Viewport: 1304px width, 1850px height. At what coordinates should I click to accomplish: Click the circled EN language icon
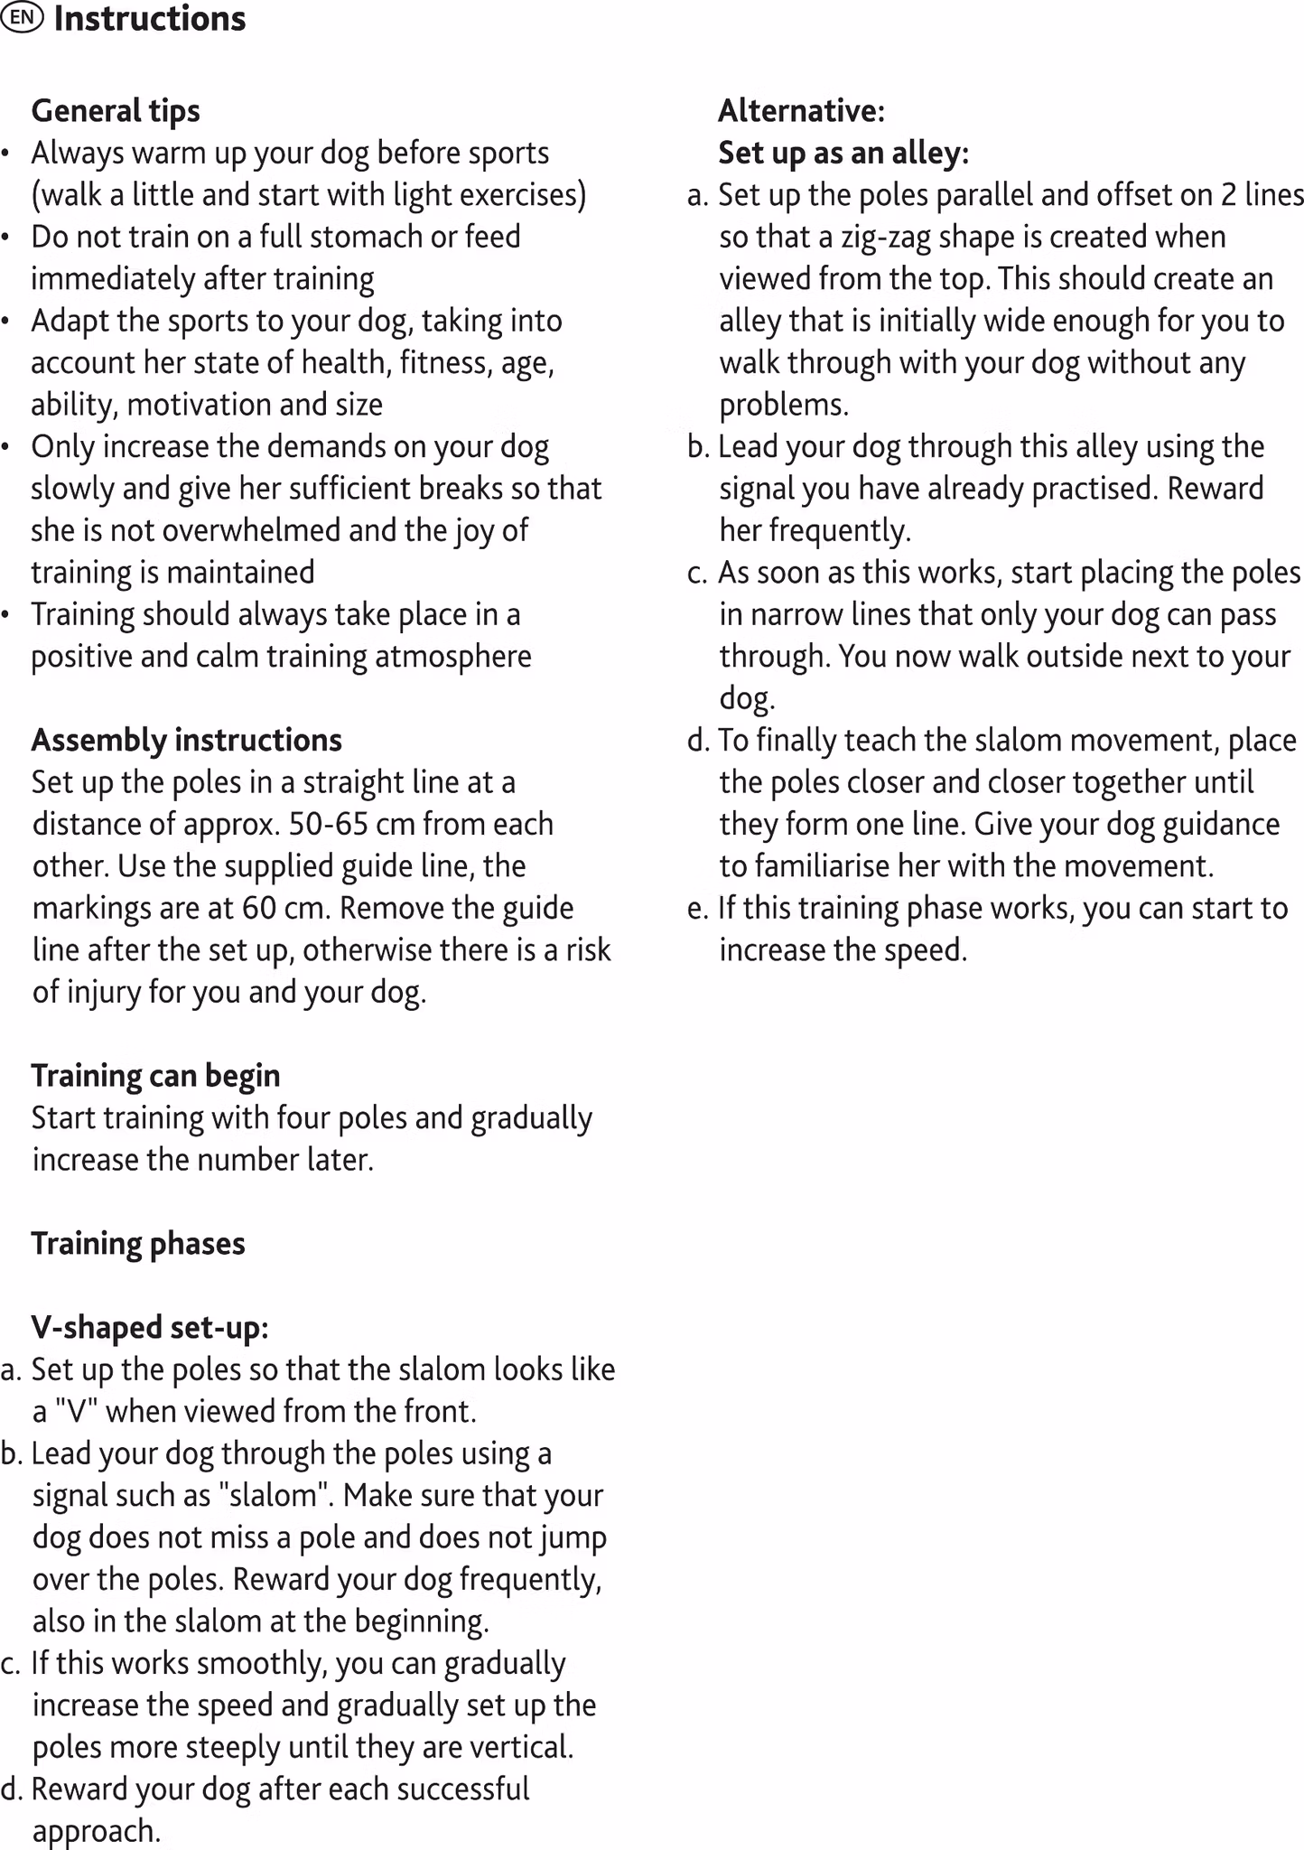click(22, 18)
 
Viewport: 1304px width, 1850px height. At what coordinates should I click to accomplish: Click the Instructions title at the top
click(150, 19)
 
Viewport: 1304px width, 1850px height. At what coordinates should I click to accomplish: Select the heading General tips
click(116, 110)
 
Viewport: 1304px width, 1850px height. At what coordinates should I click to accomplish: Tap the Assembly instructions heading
click(187, 740)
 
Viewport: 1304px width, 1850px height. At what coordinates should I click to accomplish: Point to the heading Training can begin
click(155, 1076)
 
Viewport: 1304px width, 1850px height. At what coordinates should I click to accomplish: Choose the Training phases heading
click(138, 1244)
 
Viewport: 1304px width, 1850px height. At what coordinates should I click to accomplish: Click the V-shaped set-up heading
click(150, 1327)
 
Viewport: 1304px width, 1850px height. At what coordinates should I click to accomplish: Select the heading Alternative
click(801, 110)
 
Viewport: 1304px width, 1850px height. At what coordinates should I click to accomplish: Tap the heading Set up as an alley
click(843, 153)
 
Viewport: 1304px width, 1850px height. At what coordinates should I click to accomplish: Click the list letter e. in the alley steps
click(697, 908)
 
